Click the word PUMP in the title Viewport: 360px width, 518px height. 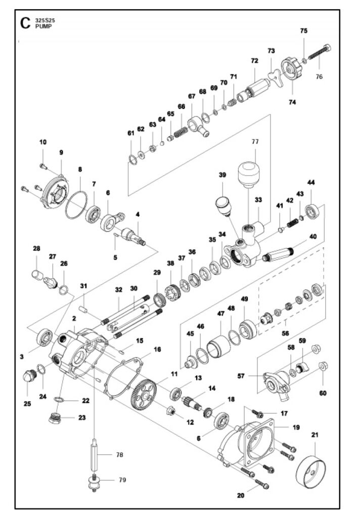41,27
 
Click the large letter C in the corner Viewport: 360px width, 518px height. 25,23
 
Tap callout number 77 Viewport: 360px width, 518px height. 255,142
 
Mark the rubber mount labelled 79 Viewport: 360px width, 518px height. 94,482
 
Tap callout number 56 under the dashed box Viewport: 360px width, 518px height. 285,333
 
